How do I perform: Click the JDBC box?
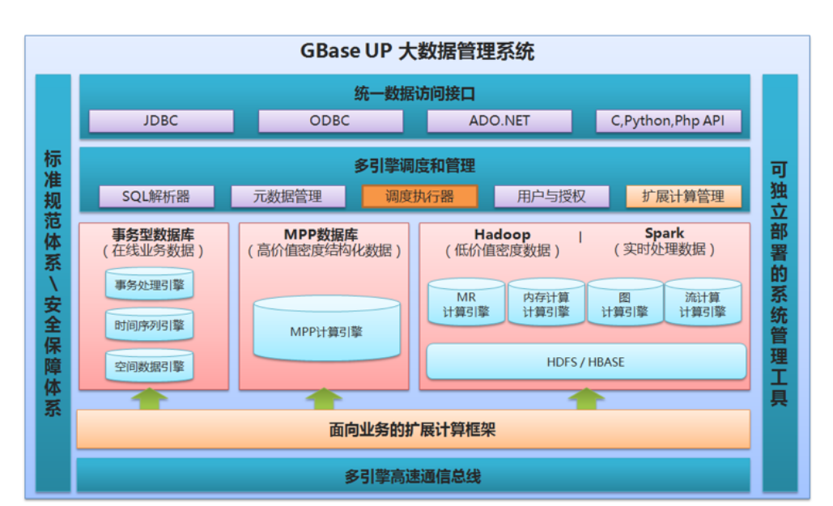160,121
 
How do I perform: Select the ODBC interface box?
329,121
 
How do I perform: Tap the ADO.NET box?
499,121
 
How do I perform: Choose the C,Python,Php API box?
668,121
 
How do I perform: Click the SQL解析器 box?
156,197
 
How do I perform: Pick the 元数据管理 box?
287,197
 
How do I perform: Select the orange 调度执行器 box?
419,197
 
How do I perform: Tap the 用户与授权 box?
551,197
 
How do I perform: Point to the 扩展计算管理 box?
683,197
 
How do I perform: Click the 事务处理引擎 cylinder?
149,285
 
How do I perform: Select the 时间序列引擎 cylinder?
149,326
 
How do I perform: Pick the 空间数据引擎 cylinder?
149,367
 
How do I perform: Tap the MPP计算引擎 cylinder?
326,331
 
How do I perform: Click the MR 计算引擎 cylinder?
465,305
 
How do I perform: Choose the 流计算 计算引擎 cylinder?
703,305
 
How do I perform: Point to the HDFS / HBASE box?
585,362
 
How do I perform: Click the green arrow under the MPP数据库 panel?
324,399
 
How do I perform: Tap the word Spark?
665,234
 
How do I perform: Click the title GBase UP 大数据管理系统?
417,53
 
